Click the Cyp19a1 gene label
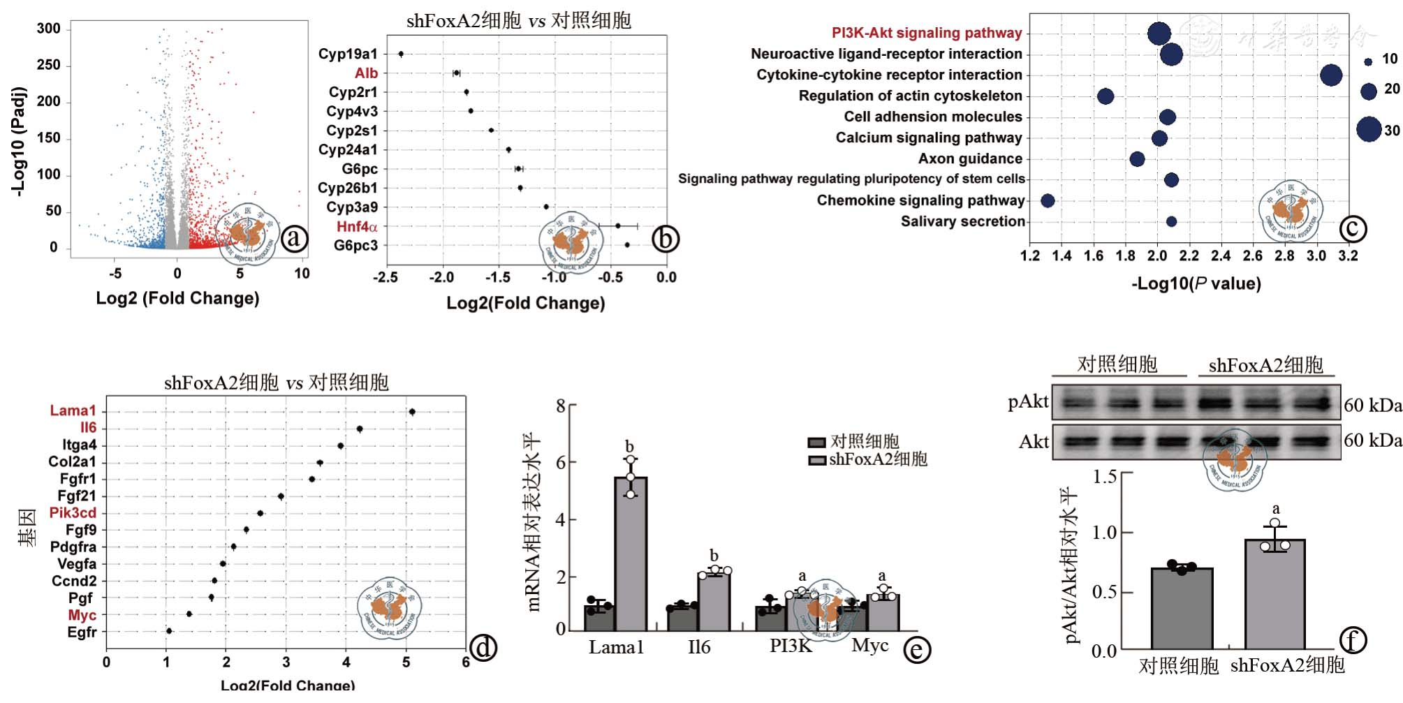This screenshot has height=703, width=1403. pyautogui.click(x=347, y=54)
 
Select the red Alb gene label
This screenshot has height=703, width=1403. pyautogui.click(x=366, y=73)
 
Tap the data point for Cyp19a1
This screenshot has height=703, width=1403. pyautogui.click(x=401, y=54)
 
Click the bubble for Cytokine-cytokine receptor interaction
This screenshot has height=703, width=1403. pyautogui.click(x=1331, y=75)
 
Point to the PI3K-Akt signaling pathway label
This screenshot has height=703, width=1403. pyautogui.click(x=926, y=33)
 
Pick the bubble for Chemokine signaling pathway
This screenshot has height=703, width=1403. pyautogui.click(x=1048, y=201)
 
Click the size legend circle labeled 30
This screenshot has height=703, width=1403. pyautogui.click(x=1369, y=129)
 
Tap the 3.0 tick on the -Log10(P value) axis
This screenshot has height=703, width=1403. pyautogui.click(x=1316, y=256)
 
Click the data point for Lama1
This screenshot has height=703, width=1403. pyautogui.click(x=412, y=412)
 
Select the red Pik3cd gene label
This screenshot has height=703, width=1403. pyautogui.click(x=73, y=513)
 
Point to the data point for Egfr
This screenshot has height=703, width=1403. pyautogui.click(x=169, y=631)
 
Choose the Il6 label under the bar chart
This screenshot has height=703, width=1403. pyautogui.click(x=698, y=647)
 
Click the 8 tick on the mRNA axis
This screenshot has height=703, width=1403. pyautogui.click(x=561, y=406)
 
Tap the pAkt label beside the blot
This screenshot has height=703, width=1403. pyautogui.click(x=1027, y=401)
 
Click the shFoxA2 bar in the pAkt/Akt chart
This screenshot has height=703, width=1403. pyautogui.click(x=1275, y=594)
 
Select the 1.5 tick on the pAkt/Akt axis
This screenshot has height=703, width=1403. pyautogui.click(x=1104, y=477)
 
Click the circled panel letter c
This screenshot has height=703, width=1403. pyautogui.click(x=1352, y=228)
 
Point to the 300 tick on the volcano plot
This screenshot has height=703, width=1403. pyautogui.click(x=49, y=29)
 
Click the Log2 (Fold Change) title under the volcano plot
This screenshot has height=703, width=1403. pyautogui.click(x=177, y=298)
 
